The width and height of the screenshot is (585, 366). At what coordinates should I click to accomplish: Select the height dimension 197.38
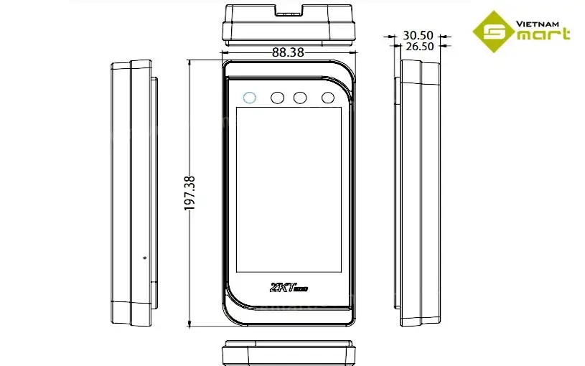[x=190, y=193]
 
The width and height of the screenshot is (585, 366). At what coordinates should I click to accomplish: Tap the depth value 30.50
[x=418, y=34]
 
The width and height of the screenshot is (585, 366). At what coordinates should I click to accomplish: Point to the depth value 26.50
[x=418, y=46]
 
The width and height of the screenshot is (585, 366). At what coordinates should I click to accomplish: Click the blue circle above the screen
[x=249, y=98]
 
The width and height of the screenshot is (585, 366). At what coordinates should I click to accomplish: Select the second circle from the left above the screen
[x=276, y=98]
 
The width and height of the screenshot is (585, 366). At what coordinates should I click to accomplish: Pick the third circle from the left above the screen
[x=300, y=98]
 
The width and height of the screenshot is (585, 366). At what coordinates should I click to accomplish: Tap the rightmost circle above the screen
[x=328, y=98]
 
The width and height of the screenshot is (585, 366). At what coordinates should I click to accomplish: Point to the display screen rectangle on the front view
[x=287, y=190]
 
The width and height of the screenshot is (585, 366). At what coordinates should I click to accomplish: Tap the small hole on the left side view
[x=144, y=258]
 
